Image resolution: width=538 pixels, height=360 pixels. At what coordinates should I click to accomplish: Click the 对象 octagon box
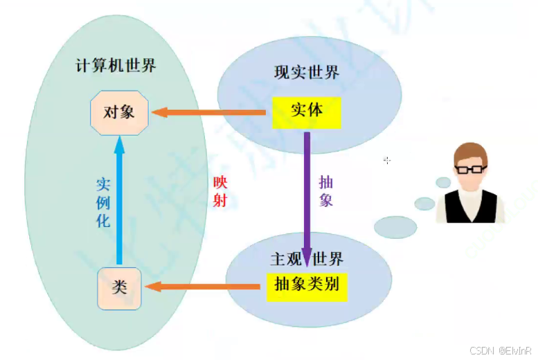click(x=120, y=112)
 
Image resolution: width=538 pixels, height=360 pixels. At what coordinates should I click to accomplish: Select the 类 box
click(x=120, y=287)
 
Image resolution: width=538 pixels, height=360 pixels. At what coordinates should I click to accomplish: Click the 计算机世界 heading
click(x=116, y=66)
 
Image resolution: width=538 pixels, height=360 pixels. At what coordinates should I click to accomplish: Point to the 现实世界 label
click(x=307, y=72)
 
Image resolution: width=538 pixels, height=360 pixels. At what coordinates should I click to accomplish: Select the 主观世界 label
click(x=306, y=260)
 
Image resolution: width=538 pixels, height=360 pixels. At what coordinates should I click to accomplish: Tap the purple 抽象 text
click(x=325, y=191)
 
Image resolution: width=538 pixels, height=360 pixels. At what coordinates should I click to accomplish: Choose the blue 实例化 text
click(x=102, y=203)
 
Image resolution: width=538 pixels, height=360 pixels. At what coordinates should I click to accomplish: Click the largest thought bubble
click(x=395, y=226)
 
